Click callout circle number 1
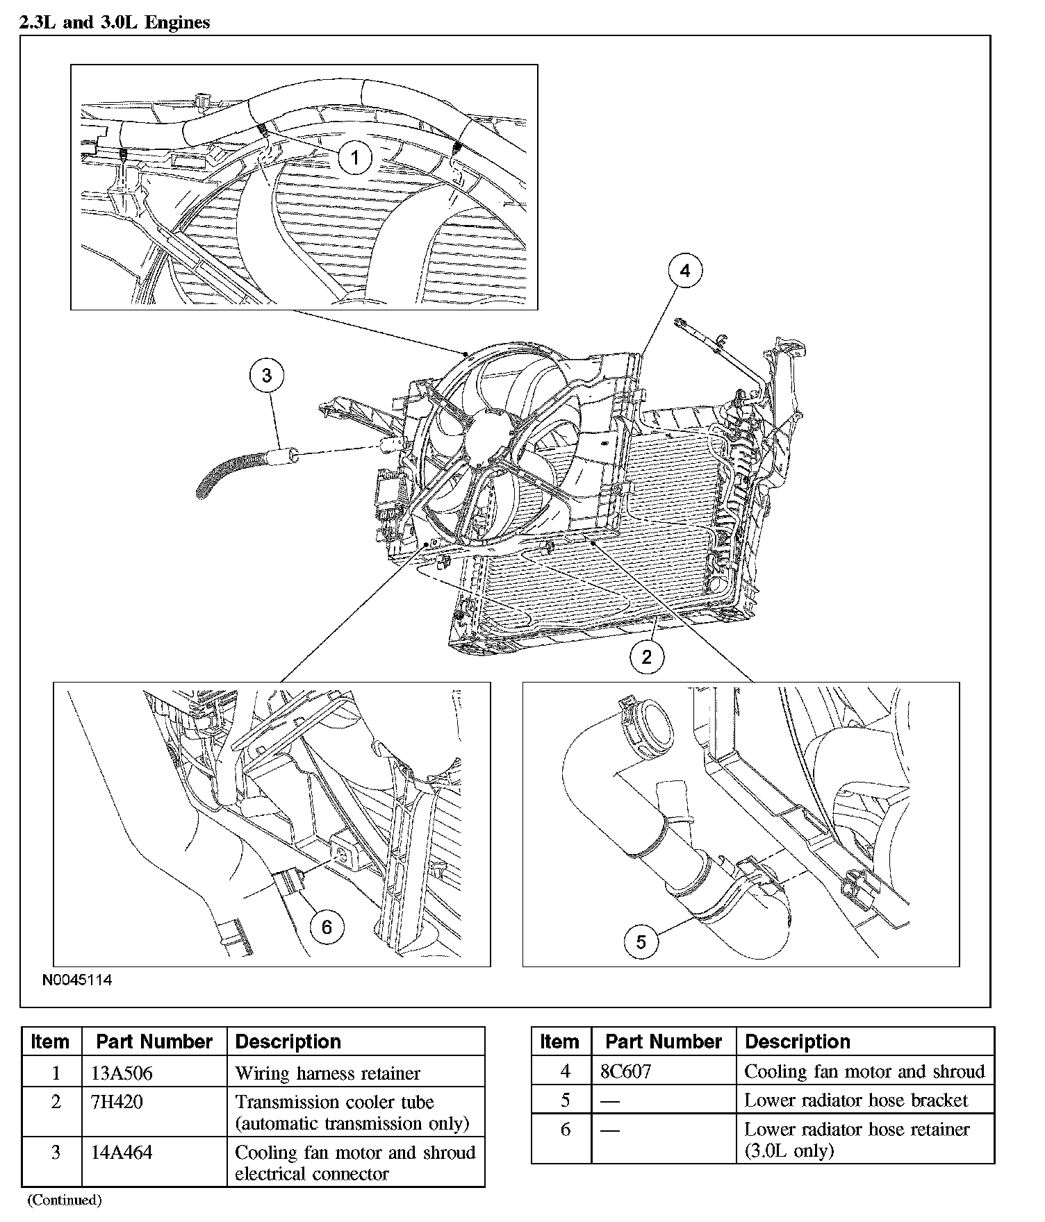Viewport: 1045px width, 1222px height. (x=355, y=158)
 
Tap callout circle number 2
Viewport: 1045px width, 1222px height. (x=647, y=656)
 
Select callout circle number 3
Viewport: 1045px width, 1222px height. (x=267, y=376)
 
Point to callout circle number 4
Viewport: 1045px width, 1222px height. (x=685, y=270)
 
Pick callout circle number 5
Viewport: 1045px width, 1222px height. (x=641, y=941)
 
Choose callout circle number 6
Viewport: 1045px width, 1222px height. (x=327, y=926)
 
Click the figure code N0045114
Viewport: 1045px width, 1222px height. (x=77, y=980)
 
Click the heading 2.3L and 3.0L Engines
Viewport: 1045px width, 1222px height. (x=115, y=22)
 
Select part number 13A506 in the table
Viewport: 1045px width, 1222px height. (x=122, y=1073)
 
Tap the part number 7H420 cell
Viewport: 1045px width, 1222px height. (x=117, y=1102)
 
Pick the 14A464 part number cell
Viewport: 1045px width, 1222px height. (x=122, y=1153)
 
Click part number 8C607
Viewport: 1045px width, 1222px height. (x=625, y=1071)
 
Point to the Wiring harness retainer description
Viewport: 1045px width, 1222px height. (x=327, y=1073)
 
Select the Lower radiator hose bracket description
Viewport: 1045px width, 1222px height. (x=855, y=1100)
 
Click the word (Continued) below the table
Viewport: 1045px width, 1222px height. (x=64, y=1200)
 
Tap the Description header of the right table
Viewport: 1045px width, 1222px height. (x=797, y=1041)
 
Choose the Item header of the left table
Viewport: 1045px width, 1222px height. (x=50, y=1041)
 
